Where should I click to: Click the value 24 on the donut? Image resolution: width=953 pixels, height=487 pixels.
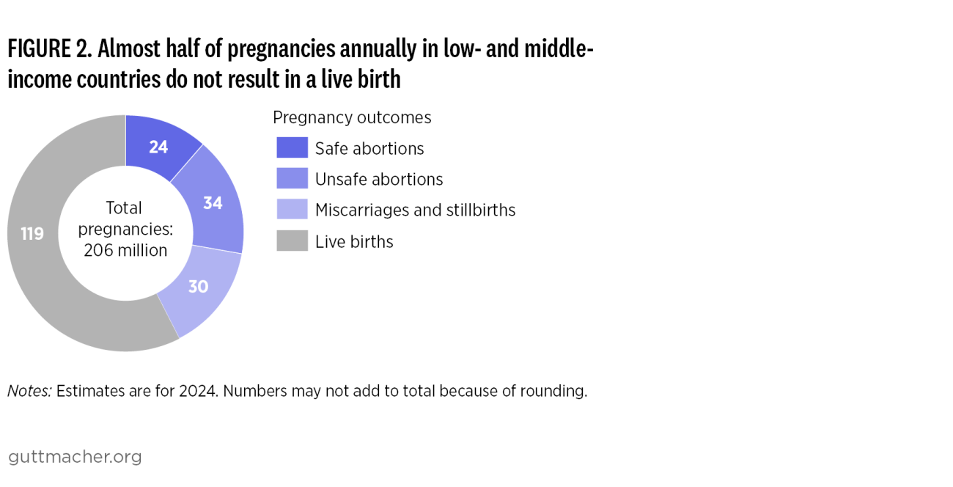158,147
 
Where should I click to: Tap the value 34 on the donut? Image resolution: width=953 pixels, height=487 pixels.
213,203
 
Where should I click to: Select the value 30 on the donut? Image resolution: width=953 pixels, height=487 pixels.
198,287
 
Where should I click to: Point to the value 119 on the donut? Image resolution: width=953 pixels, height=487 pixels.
32,234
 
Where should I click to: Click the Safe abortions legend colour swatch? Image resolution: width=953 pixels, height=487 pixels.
292,147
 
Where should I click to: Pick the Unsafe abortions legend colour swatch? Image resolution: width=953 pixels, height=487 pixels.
292,178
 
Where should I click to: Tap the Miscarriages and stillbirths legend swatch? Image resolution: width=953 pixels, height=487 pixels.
292,209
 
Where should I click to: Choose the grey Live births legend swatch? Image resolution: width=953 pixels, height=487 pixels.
292,241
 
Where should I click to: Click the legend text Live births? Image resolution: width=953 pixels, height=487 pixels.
354,241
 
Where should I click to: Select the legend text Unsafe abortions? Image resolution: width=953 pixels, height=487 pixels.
379,179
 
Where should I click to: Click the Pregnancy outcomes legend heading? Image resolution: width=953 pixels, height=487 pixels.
352,117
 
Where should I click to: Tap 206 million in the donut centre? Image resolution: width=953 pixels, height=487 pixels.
125,250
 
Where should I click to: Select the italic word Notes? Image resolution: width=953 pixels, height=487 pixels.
29,391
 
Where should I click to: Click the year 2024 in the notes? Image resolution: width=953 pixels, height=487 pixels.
198,391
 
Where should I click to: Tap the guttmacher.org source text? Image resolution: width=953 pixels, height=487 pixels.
75,457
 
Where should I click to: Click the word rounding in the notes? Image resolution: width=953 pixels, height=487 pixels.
559,391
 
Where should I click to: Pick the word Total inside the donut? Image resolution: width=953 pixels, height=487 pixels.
125,208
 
